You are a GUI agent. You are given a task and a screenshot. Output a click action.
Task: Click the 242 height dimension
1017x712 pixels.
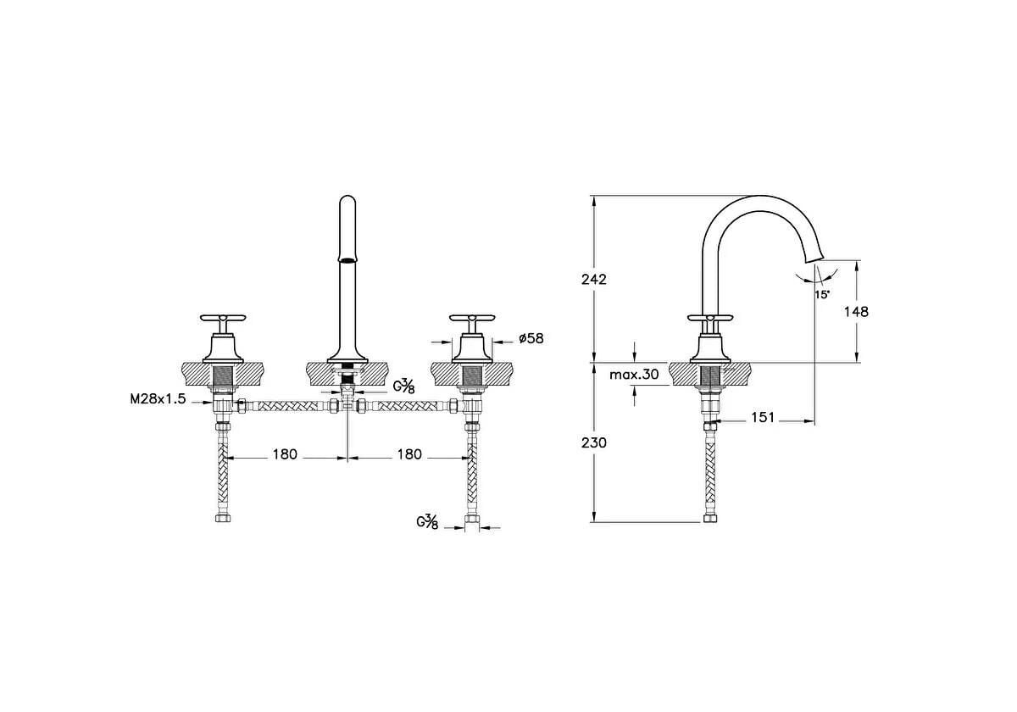click(594, 279)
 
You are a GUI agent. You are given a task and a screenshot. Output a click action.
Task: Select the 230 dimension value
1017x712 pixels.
click(594, 442)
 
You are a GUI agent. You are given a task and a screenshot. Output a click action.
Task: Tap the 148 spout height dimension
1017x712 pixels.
click(856, 312)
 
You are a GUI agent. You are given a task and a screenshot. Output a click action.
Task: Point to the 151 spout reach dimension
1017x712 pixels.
click(763, 417)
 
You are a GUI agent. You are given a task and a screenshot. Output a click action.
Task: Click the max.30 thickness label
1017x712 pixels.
click(634, 375)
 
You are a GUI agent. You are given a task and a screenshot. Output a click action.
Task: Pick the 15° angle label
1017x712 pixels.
click(822, 295)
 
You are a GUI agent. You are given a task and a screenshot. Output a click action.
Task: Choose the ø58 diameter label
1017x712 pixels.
click(531, 338)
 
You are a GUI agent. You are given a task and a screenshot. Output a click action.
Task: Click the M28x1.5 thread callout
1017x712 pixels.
click(158, 399)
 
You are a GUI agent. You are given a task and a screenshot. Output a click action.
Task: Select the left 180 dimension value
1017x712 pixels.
click(285, 454)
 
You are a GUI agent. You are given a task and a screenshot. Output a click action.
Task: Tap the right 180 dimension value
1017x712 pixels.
click(409, 454)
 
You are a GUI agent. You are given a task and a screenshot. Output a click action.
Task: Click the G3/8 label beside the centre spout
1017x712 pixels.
click(403, 387)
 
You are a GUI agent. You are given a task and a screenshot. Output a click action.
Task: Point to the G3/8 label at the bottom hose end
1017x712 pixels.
click(427, 522)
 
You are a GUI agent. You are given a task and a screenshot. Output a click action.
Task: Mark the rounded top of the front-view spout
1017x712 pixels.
click(347, 199)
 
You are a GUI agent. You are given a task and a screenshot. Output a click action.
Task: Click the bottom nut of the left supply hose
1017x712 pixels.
click(223, 518)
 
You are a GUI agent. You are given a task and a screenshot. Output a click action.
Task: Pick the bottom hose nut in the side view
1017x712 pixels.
click(710, 518)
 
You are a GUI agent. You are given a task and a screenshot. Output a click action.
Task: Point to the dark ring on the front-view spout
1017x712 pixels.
click(347, 260)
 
